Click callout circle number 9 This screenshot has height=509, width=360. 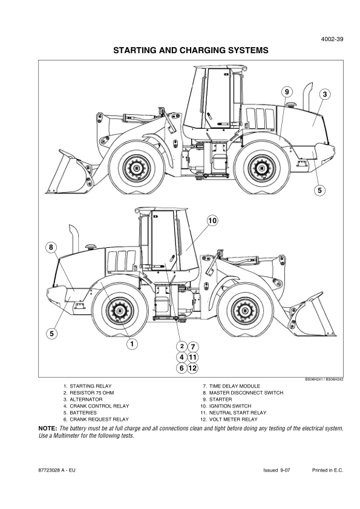pos(287,92)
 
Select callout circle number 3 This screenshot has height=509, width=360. pos(324,94)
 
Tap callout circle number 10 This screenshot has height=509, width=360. pos(212,221)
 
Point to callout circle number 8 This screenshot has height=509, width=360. pos(51,247)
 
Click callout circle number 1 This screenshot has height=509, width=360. pos(132,344)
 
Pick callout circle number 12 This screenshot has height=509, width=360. pos(192,368)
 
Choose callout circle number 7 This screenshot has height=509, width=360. pos(192,347)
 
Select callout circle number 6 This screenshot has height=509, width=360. pos(182,368)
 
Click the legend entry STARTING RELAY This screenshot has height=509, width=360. pos(91,386)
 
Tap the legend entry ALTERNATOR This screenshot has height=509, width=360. pos(86,399)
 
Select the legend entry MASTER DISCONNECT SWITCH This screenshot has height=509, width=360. pos(246,393)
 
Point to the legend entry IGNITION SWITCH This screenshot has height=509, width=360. pos(230,406)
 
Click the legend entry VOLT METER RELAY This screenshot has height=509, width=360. pos(234,420)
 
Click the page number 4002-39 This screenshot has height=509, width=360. pos(332,39)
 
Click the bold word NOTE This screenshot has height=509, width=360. pos(48,429)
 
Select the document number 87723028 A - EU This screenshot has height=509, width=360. pos(56,470)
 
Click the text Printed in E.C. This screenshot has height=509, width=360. pos(327,470)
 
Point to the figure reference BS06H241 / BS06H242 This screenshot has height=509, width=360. pos(324,379)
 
